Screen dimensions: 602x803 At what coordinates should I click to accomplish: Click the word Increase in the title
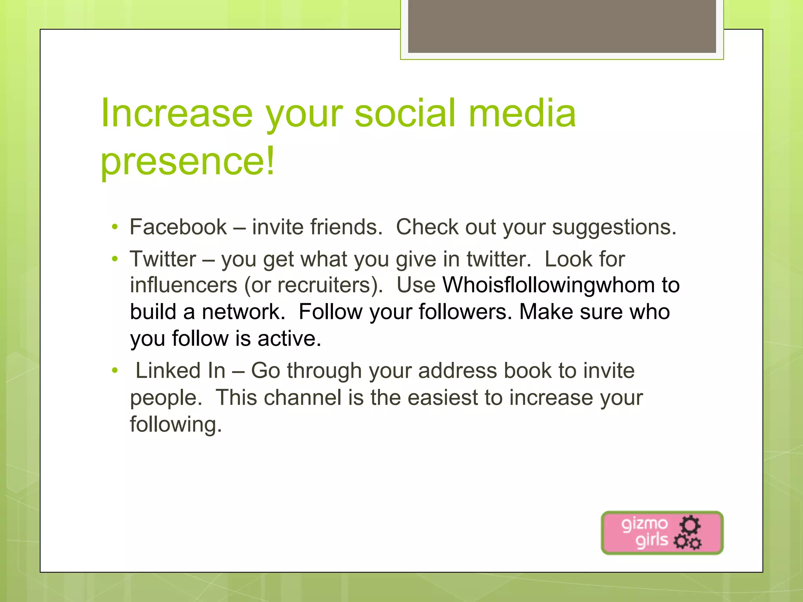176,114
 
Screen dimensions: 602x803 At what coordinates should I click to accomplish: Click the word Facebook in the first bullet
178,227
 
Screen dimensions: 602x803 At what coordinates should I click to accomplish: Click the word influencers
183,285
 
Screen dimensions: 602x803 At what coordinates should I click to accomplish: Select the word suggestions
614,228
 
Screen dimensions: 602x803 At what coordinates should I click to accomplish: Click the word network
243,312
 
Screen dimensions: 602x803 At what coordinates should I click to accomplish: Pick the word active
289,339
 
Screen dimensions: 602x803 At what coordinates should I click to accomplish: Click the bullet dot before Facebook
114,227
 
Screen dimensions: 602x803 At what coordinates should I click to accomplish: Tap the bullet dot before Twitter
114,259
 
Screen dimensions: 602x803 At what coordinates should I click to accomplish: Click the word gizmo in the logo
644,524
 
